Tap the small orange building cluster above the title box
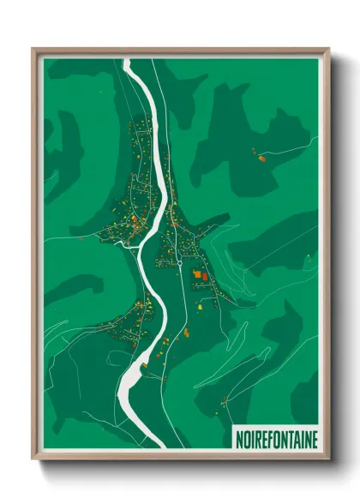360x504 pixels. pyautogui.click(x=225, y=399)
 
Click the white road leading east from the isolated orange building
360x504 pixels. pyautogui.click(x=283, y=151)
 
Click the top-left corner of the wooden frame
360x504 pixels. pyautogui.click(x=33, y=48)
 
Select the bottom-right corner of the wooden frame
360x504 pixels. pyautogui.click(x=329, y=459)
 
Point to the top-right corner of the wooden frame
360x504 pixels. pyautogui.click(x=329, y=48)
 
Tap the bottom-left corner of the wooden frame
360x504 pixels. pyautogui.click(x=33, y=459)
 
